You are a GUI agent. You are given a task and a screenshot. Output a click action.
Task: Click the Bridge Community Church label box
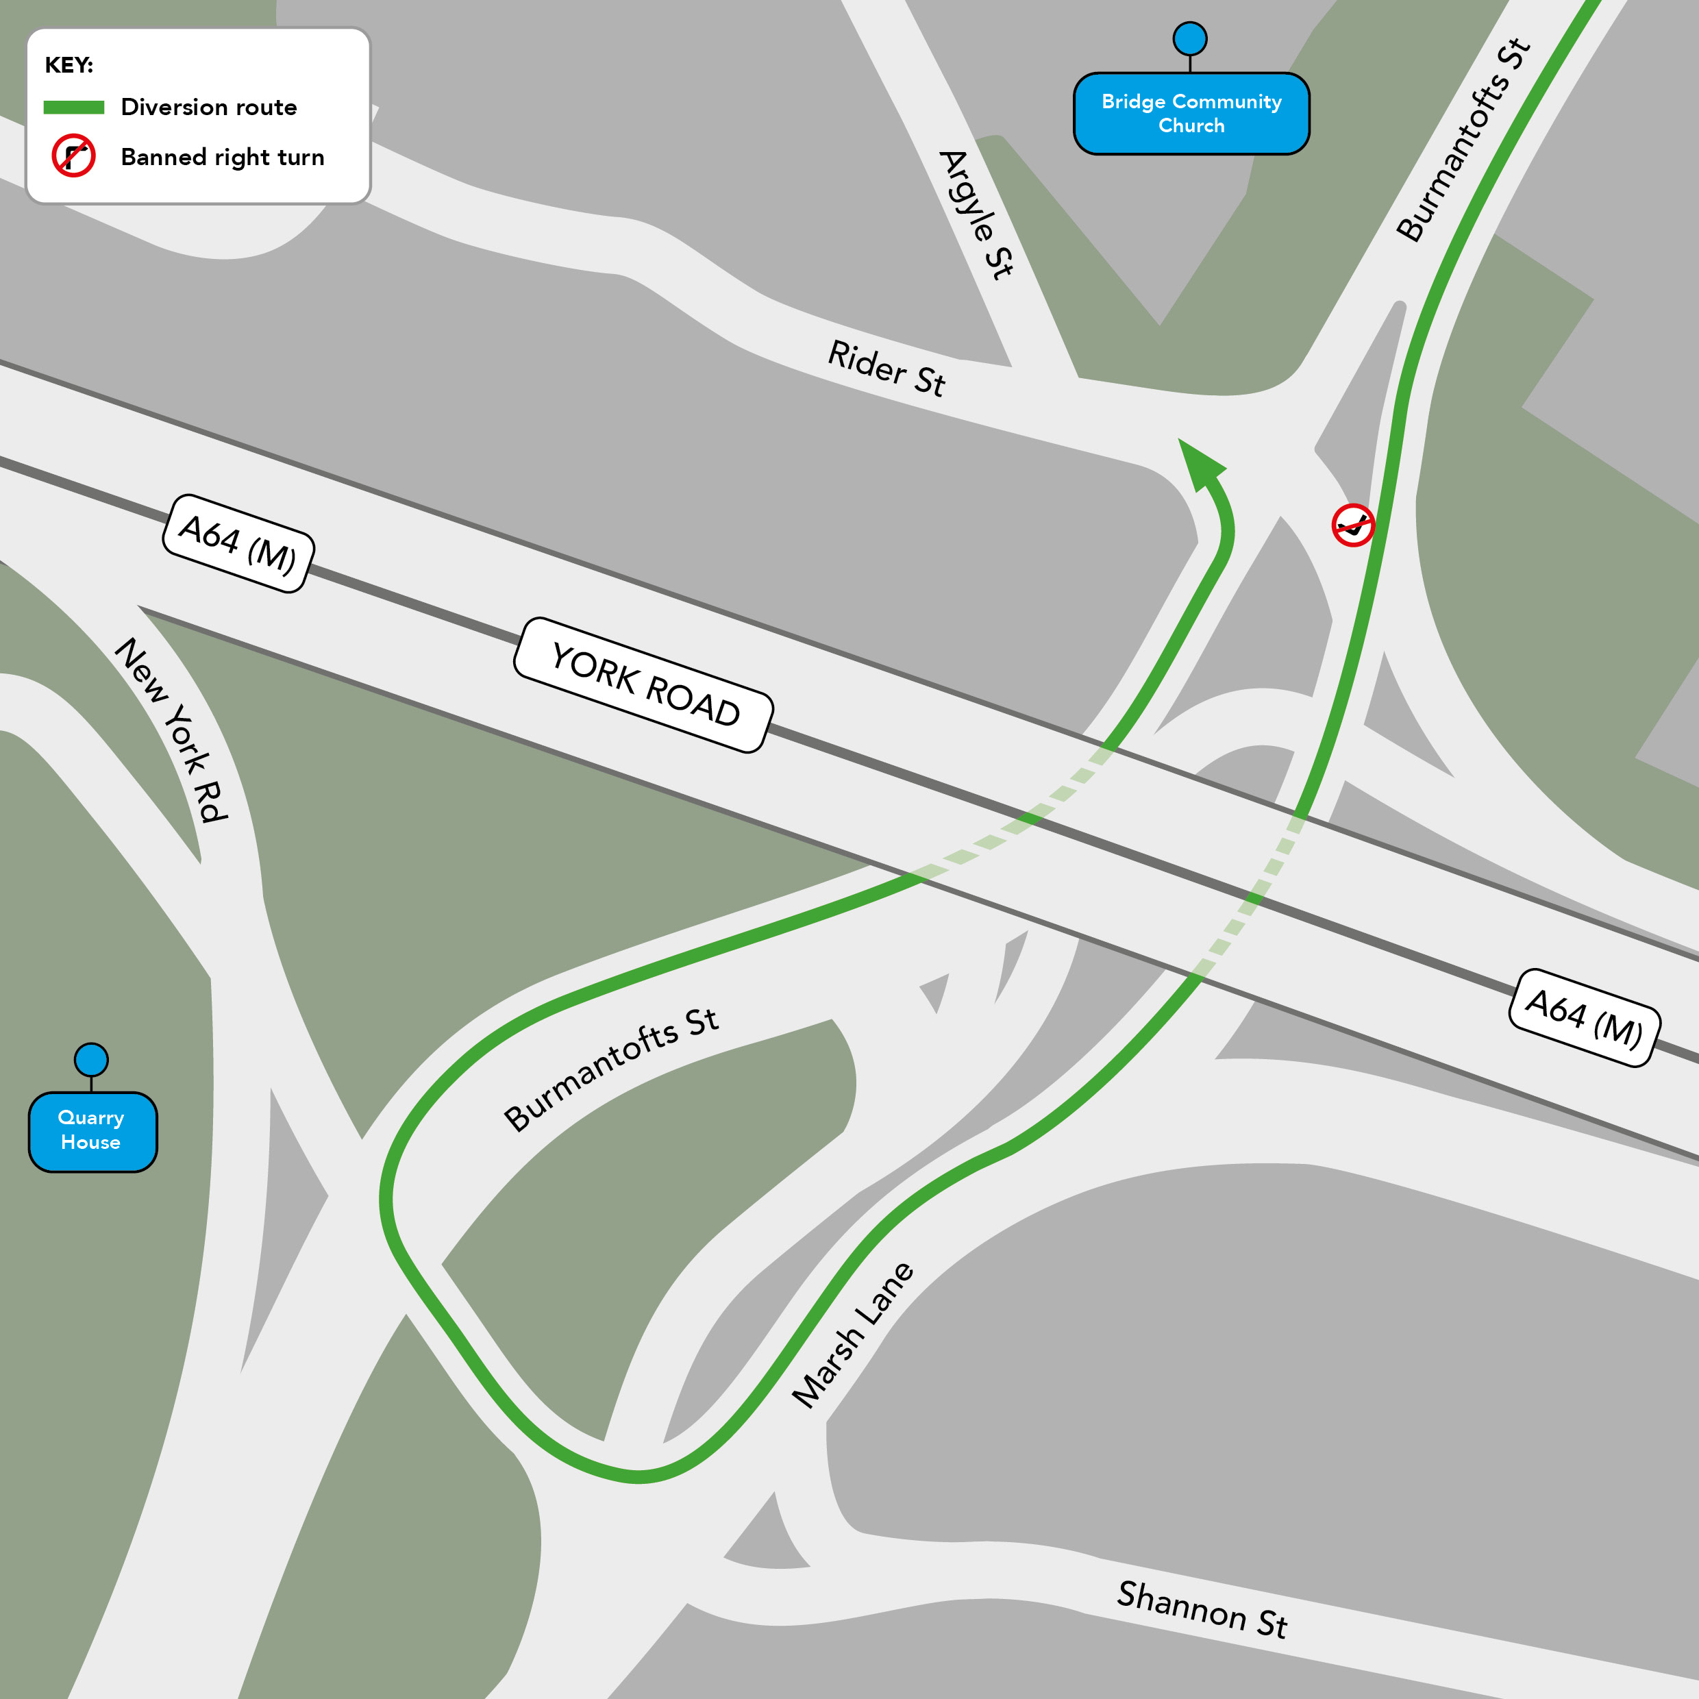[x=1191, y=114]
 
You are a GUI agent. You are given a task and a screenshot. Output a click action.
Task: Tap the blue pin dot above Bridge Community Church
[x=1190, y=38]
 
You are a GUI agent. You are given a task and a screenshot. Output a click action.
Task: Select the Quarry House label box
[x=92, y=1131]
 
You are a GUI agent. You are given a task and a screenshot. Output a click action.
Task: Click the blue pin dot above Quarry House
[x=91, y=1060]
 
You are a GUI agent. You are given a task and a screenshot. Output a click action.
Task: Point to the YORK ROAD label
[x=644, y=685]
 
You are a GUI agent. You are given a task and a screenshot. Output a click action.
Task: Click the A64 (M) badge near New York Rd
[x=238, y=543]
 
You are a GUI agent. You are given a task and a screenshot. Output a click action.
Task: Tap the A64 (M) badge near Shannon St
[x=1584, y=1017]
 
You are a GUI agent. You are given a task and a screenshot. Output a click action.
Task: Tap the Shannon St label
[x=1202, y=1610]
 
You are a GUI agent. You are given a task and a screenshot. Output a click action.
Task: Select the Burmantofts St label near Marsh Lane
[x=610, y=1069]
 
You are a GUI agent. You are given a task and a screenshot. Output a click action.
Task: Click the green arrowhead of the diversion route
[x=1200, y=462]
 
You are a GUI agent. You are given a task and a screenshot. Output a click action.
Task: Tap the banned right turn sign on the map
[x=1352, y=525]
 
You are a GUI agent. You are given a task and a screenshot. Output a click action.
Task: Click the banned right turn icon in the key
[x=74, y=156]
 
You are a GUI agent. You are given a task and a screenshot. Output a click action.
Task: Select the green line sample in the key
[x=74, y=108]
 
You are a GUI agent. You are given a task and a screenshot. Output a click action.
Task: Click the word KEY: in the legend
[x=69, y=65]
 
